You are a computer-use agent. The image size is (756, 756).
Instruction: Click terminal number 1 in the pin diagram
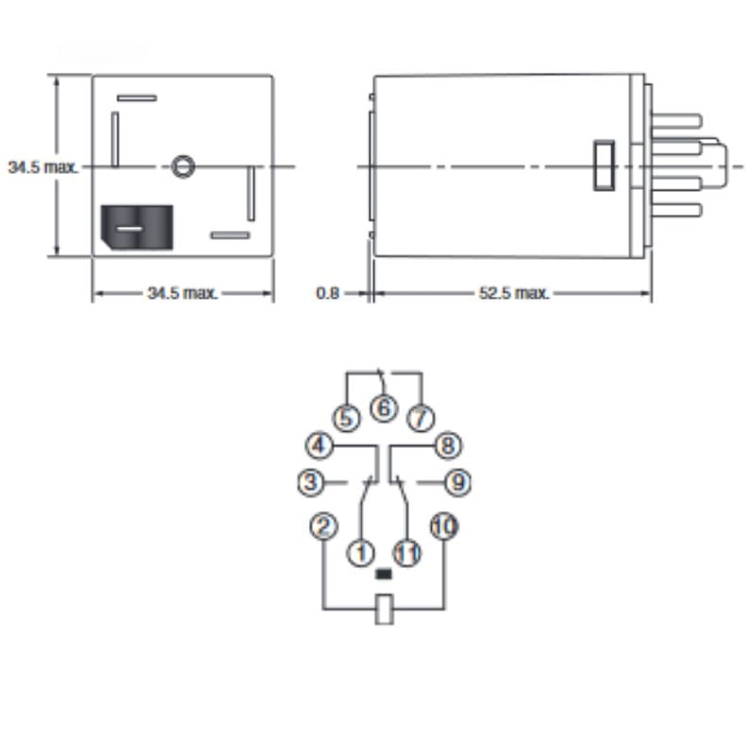tap(361, 553)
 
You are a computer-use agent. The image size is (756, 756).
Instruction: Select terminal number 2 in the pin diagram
tap(324, 526)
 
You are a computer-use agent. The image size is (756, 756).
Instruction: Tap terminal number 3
tap(312, 482)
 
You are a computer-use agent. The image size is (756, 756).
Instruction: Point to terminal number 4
tap(319, 444)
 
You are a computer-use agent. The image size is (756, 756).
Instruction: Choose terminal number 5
tap(347, 418)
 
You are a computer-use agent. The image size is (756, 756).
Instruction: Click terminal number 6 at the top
tap(384, 408)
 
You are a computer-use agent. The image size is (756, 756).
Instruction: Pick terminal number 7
tap(421, 418)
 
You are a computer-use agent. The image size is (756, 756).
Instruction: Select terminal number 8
tap(448, 444)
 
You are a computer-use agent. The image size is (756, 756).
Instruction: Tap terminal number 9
tap(457, 482)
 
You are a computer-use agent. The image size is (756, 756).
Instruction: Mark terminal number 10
tap(444, 526)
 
